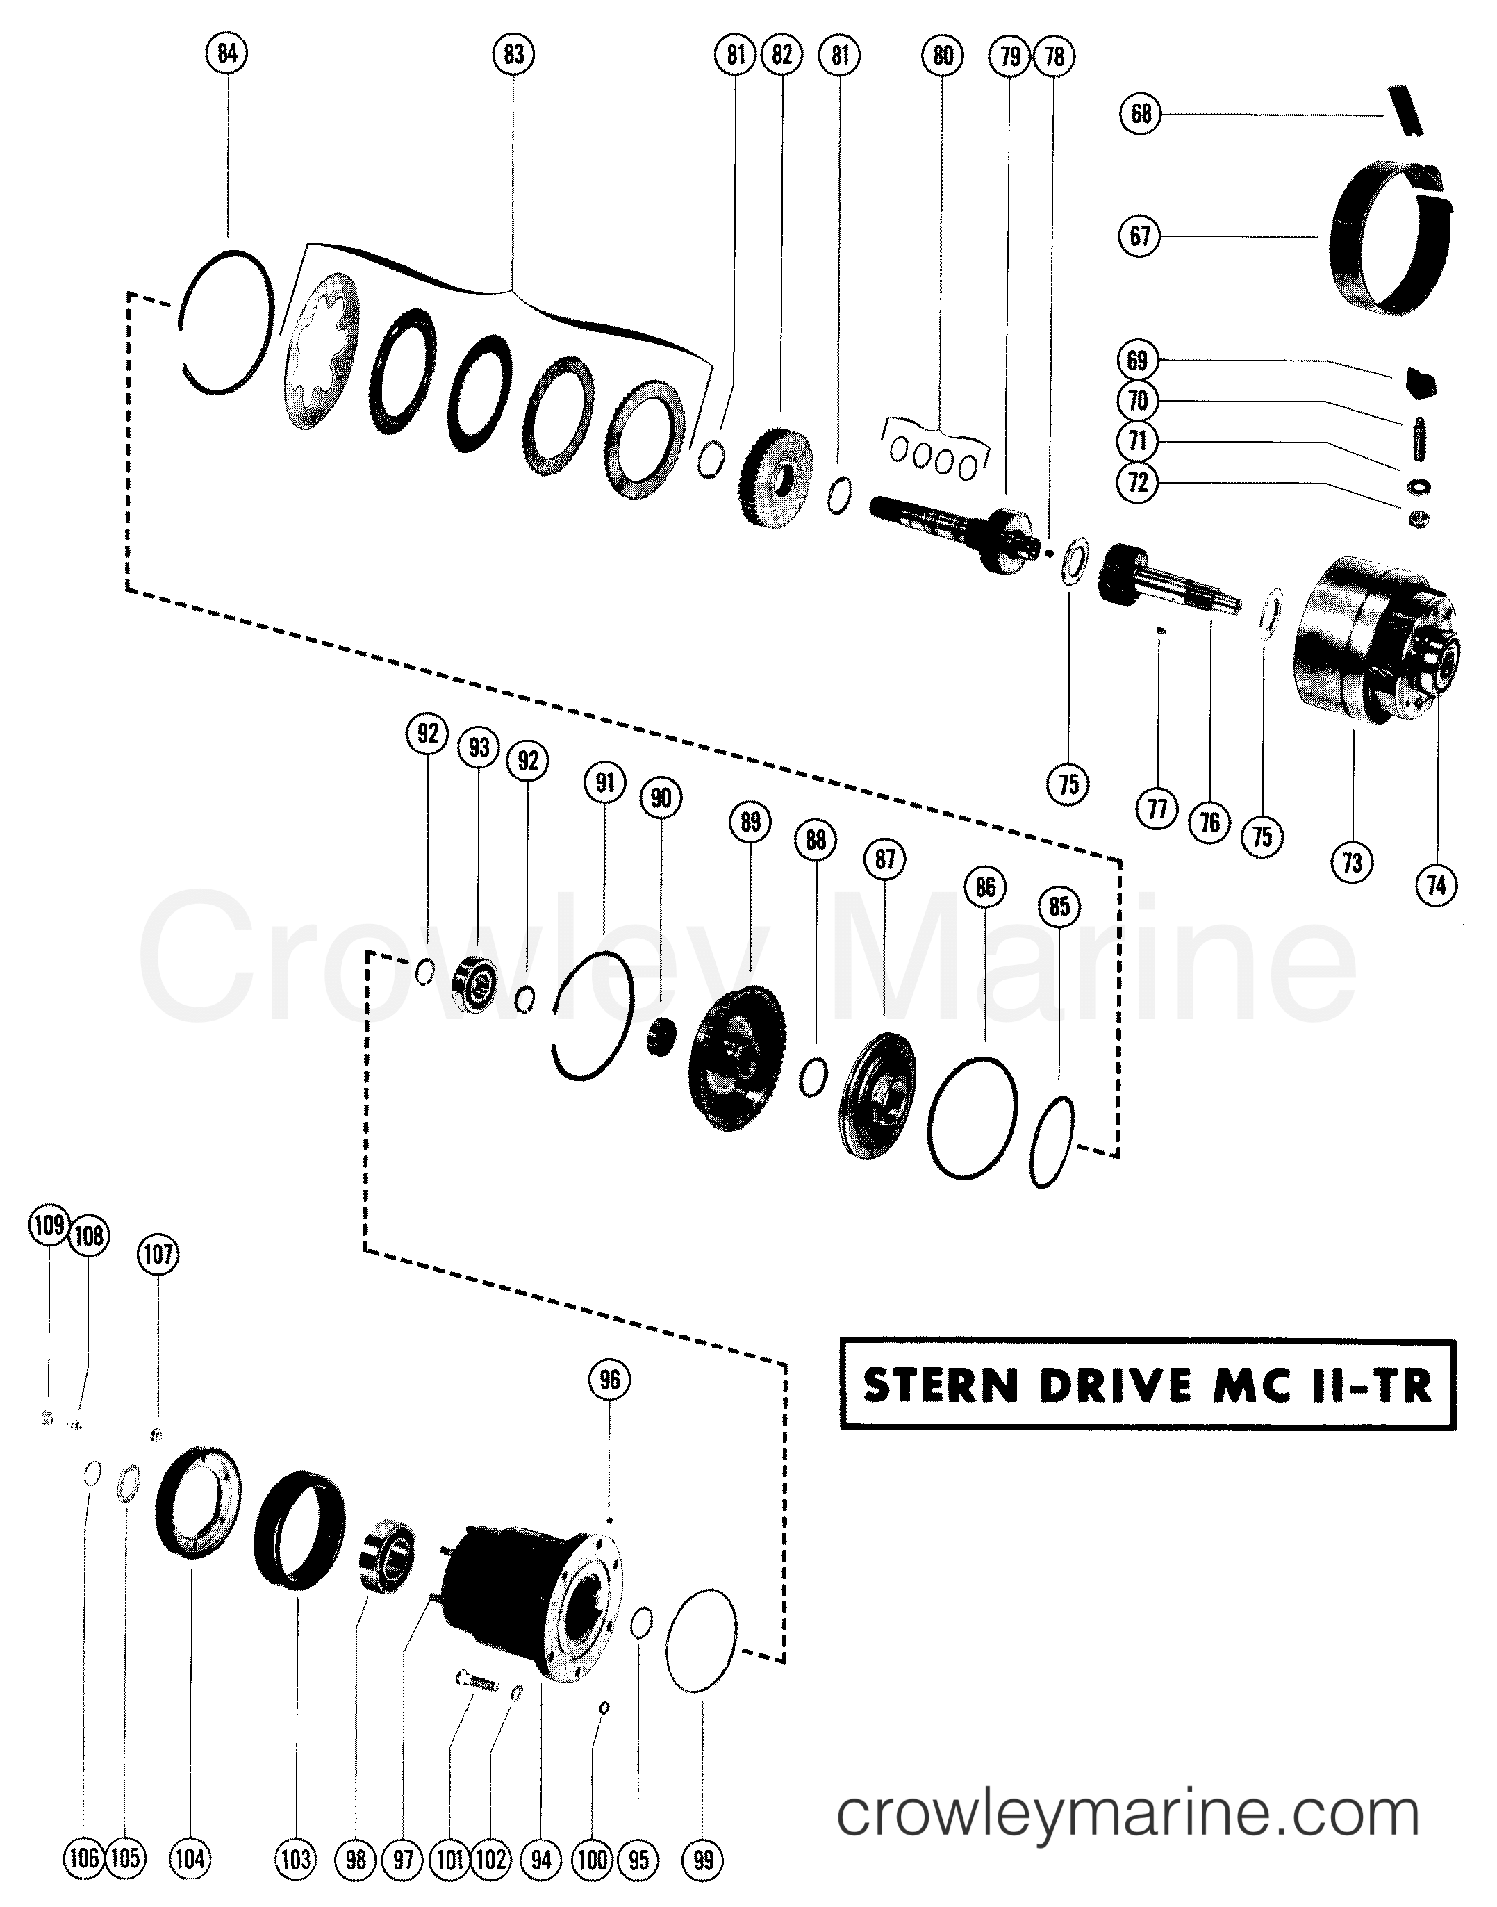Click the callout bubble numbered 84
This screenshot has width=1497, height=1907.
point(227,54)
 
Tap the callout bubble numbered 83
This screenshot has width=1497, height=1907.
point(513,54)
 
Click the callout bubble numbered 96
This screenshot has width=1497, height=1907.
point(609,1380)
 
